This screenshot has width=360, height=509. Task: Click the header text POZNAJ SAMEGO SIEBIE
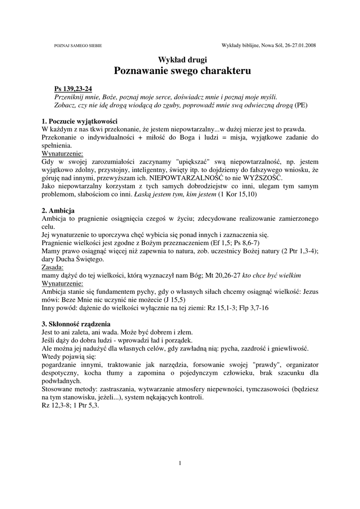tap(78, 46)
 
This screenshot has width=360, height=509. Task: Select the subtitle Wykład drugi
tap(182, 60)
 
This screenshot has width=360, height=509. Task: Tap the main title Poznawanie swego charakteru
tap(182, 71)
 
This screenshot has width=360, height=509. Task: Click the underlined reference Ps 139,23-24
tap(73, 89)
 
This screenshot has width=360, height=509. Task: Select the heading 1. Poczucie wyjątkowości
tap(80, 121)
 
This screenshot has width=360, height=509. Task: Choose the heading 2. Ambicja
tap(59, 210)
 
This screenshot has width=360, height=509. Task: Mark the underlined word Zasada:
tap(53, 267)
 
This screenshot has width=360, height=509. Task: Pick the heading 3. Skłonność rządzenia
tap(76, 324)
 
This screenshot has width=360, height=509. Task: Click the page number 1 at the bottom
tap(180, 464)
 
